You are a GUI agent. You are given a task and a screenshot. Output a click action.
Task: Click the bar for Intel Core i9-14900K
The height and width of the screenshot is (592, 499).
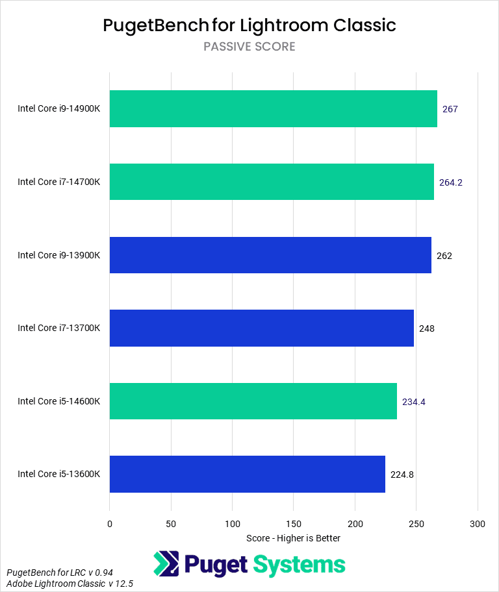click(x=273, y=108)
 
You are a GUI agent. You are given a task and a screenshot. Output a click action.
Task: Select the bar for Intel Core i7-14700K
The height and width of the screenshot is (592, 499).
click(x=272, y=182)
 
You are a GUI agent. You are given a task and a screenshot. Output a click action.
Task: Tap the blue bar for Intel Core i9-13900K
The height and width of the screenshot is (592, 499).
click(x=270, y=255)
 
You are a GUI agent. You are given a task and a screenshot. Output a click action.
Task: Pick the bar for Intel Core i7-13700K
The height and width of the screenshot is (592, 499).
click(x=262, y=328)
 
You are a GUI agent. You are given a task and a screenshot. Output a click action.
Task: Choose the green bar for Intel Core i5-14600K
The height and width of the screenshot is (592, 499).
click(x=253, y=401)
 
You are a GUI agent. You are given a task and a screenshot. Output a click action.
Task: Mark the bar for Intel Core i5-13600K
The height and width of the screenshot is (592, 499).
click(x=248, y=474)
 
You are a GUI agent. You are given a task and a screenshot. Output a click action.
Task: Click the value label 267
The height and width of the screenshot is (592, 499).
click(x=450, y=109)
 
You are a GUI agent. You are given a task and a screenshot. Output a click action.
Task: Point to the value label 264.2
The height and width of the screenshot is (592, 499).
click(x=451, y=182)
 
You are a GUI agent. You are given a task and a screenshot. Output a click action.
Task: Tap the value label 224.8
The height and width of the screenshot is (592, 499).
click(x=402, y=475)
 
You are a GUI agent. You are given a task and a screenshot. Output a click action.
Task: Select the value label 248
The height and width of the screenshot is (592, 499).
click(x=427, y=328)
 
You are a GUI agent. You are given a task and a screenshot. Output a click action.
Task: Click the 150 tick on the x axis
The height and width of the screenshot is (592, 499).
click(x=294, y=523)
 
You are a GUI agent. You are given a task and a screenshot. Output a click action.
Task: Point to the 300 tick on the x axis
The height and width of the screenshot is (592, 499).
click(x=478, y=523)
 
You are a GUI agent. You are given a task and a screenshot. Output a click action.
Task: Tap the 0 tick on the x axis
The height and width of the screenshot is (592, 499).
click(x=110, y=523)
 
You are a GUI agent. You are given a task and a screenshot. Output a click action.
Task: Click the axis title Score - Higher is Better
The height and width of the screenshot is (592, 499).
click(x=294, y=538)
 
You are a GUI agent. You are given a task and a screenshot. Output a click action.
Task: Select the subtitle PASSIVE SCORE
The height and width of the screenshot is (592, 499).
click(x=249, y=47)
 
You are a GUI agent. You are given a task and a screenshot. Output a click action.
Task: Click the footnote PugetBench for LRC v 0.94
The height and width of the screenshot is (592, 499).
click(x=50, y=573)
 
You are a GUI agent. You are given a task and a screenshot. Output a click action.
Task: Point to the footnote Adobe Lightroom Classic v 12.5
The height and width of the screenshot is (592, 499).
click(x=70, y=584)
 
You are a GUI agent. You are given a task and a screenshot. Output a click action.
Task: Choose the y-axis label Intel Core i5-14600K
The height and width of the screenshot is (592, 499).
click(x=59, y=401)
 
